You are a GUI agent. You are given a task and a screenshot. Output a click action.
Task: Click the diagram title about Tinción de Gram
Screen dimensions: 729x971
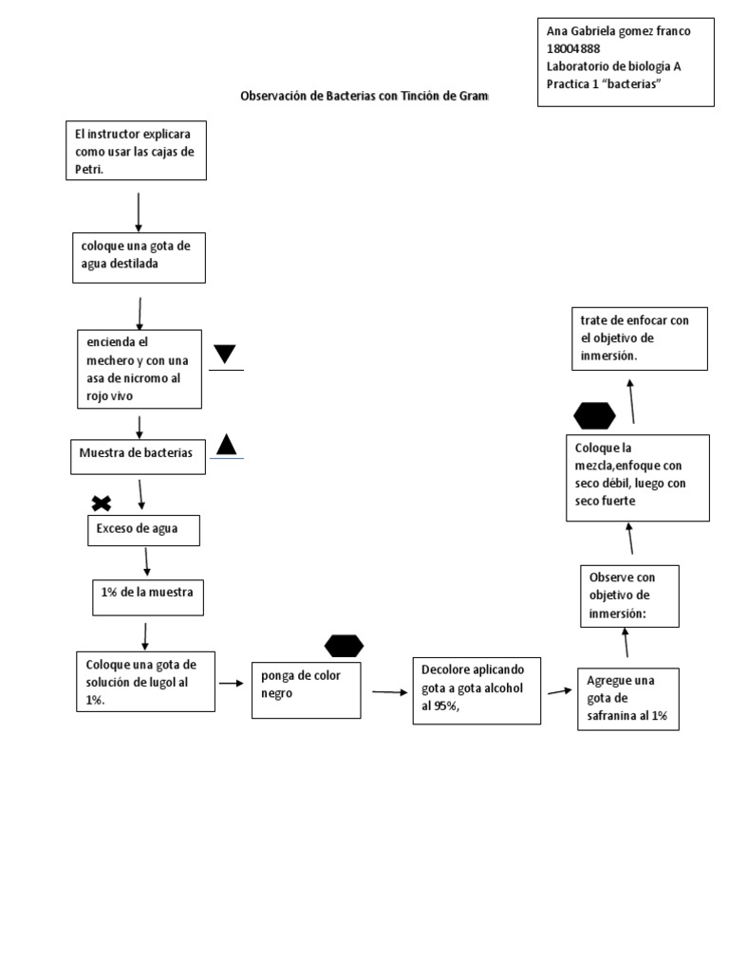tap(364, 96)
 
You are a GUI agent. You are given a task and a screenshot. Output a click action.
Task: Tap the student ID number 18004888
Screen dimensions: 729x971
tap(572, 48)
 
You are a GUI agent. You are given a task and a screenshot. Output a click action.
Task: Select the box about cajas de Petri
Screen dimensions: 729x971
tap(137, 151)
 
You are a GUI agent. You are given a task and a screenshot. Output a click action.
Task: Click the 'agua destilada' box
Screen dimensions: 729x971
tap(139, 258)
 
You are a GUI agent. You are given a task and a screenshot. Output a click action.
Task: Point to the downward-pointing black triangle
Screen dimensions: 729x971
tap(224, 354)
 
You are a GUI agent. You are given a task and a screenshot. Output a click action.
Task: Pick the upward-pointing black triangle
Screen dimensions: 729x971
tap(226, 445)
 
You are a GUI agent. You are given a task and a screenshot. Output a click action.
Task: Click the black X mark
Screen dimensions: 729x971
tap(102, 504)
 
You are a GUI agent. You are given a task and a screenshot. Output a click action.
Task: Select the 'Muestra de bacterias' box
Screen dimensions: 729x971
tap(139, 457)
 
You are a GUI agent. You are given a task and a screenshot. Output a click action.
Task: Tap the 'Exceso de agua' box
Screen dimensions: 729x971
tap(144, 531)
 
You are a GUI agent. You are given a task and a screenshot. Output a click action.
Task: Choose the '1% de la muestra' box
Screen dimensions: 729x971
tap(148, 597)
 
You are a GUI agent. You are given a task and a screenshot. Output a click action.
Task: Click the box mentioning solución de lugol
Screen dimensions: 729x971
tap(145, 682)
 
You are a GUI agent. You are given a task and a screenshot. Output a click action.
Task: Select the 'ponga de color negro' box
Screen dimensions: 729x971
tap(307, 690)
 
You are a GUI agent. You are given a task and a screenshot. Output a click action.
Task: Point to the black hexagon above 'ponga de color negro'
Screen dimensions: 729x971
tap(344, 646)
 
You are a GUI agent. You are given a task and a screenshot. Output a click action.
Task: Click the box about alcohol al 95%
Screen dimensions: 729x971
tap(477, 691)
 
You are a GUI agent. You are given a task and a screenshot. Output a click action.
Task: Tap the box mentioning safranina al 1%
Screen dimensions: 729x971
tap(628, 699)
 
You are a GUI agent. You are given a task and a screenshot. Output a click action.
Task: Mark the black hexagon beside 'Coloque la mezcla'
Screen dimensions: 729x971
tap(594, 416)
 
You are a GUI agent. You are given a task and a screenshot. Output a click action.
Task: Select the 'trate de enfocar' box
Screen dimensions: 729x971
tap(640, 339)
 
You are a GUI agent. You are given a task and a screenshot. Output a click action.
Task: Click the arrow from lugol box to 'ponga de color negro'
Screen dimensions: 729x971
tap(232, 683)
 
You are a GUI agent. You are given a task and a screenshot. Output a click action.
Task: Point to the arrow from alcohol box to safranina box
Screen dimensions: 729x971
tap(560, 691)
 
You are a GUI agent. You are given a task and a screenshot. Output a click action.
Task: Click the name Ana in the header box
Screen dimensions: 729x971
tap(556, 31)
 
